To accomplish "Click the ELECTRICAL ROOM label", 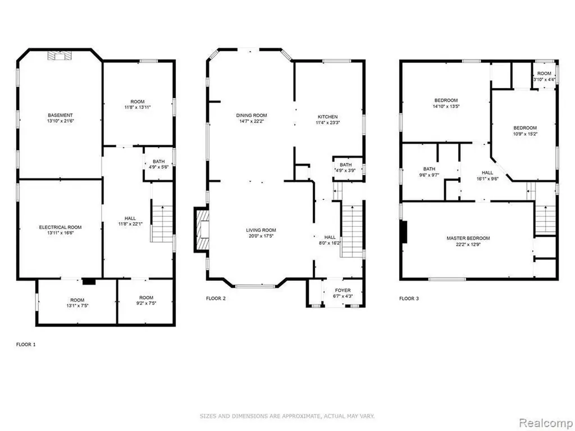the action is (61, 227).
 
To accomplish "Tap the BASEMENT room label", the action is (61, 115).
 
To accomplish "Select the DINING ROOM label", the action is (252, 116).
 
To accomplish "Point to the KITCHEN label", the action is (327, 117).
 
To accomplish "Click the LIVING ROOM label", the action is (261, 230).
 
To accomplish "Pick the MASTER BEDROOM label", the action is (468, 238).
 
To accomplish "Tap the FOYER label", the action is (343, 291).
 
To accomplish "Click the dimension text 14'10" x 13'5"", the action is (446, 106).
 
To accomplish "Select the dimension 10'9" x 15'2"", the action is (525, 134).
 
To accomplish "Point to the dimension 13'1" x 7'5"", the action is (77, 305).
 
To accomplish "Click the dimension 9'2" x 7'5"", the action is (146, 303).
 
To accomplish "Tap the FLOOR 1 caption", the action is (26, 345).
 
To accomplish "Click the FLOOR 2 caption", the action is (216, 299).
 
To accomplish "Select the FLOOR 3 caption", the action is (409, 299).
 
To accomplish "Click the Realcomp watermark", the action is (545, 423).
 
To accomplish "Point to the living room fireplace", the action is (202, 230).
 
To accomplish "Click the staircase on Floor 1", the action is (162, 223).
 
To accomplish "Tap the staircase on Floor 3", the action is (545, 220).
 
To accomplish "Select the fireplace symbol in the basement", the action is (60, 56).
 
